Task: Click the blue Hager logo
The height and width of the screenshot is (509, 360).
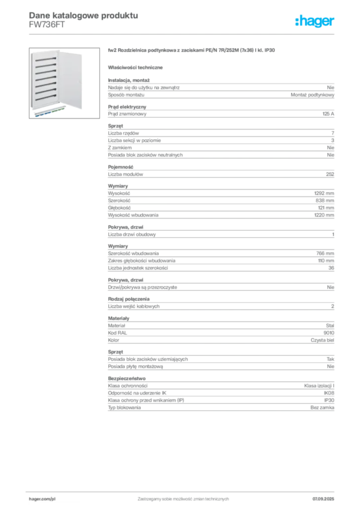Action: click(x=316, y=21)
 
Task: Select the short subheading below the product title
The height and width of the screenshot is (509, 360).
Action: click(x=137, y=67)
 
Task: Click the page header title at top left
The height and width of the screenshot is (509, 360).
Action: click(x=82, y=15)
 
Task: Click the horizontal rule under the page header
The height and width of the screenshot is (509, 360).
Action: click(x=182, y=34)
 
